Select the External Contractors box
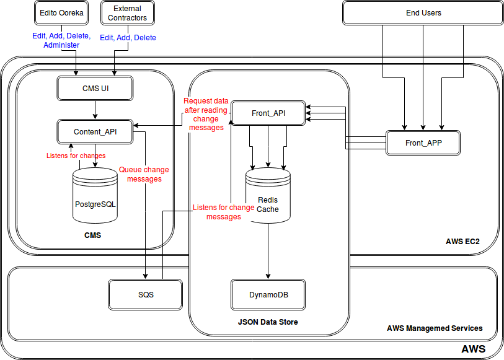pos(127,13)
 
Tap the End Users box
pos(422,13)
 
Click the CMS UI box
pos(95,89)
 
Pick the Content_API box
pos(95,131)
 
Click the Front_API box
pos(268,113)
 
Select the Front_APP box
pos(423,143)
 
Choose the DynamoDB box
pos(268,294)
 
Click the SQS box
pos(146,294)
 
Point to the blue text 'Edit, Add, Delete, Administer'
pos(61,40)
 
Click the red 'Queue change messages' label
pos(144,174)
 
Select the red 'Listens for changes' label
pos(76,156)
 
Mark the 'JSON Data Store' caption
pos(268,322)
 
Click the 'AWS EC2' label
pos(462,241)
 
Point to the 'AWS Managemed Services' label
pos(435,328)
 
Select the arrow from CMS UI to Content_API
pos(95,110)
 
